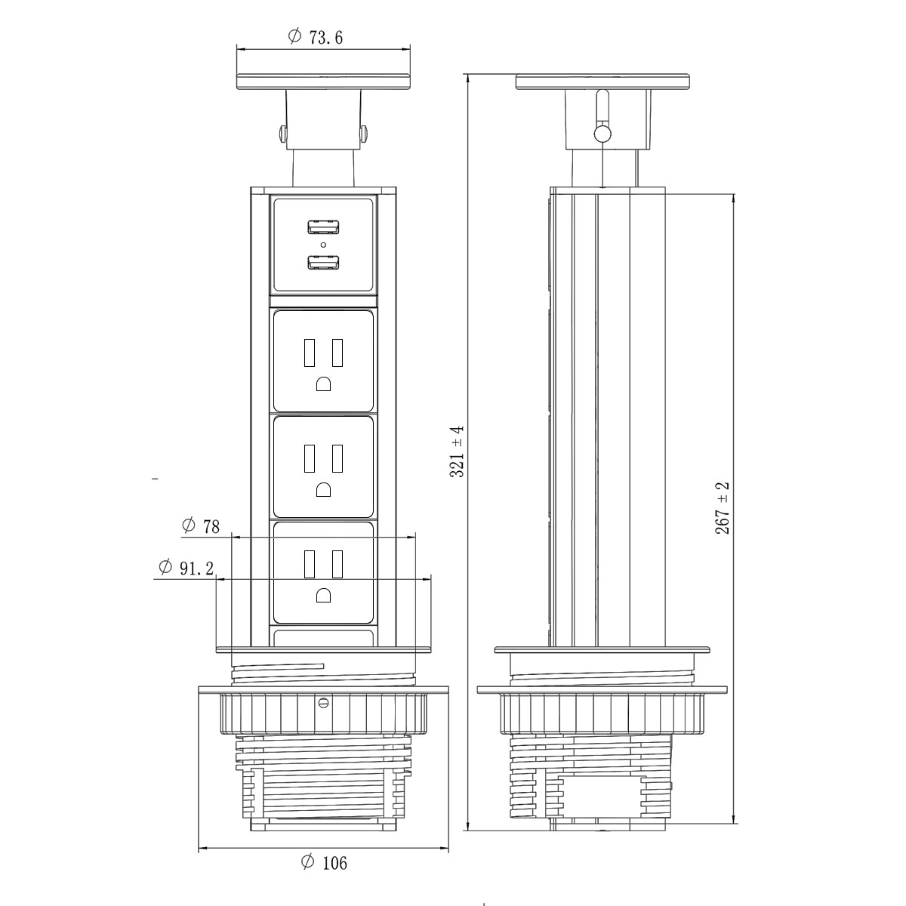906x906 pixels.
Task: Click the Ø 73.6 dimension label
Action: tap(316, 37)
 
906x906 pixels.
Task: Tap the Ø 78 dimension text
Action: tap(202, 526)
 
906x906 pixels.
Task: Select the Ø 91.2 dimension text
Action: tap(186, 568)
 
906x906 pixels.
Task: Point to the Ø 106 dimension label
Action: tap(324, 862)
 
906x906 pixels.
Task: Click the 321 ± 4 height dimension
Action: tap(457, 451)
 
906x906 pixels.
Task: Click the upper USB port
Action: tap(323, 226)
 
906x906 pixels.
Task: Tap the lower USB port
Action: tap(323, 263)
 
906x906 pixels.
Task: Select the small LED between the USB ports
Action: tap(323, 245)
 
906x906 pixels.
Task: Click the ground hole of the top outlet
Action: tap(324, 384)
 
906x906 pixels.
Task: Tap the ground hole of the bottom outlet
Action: tap(324, 595)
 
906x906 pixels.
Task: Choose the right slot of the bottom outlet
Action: tap(337, 563)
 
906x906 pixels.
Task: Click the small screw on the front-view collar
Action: tap(324, 703)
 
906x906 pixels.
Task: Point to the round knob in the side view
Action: tap(602, 134)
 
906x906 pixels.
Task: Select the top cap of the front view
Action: tap(324, 82)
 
